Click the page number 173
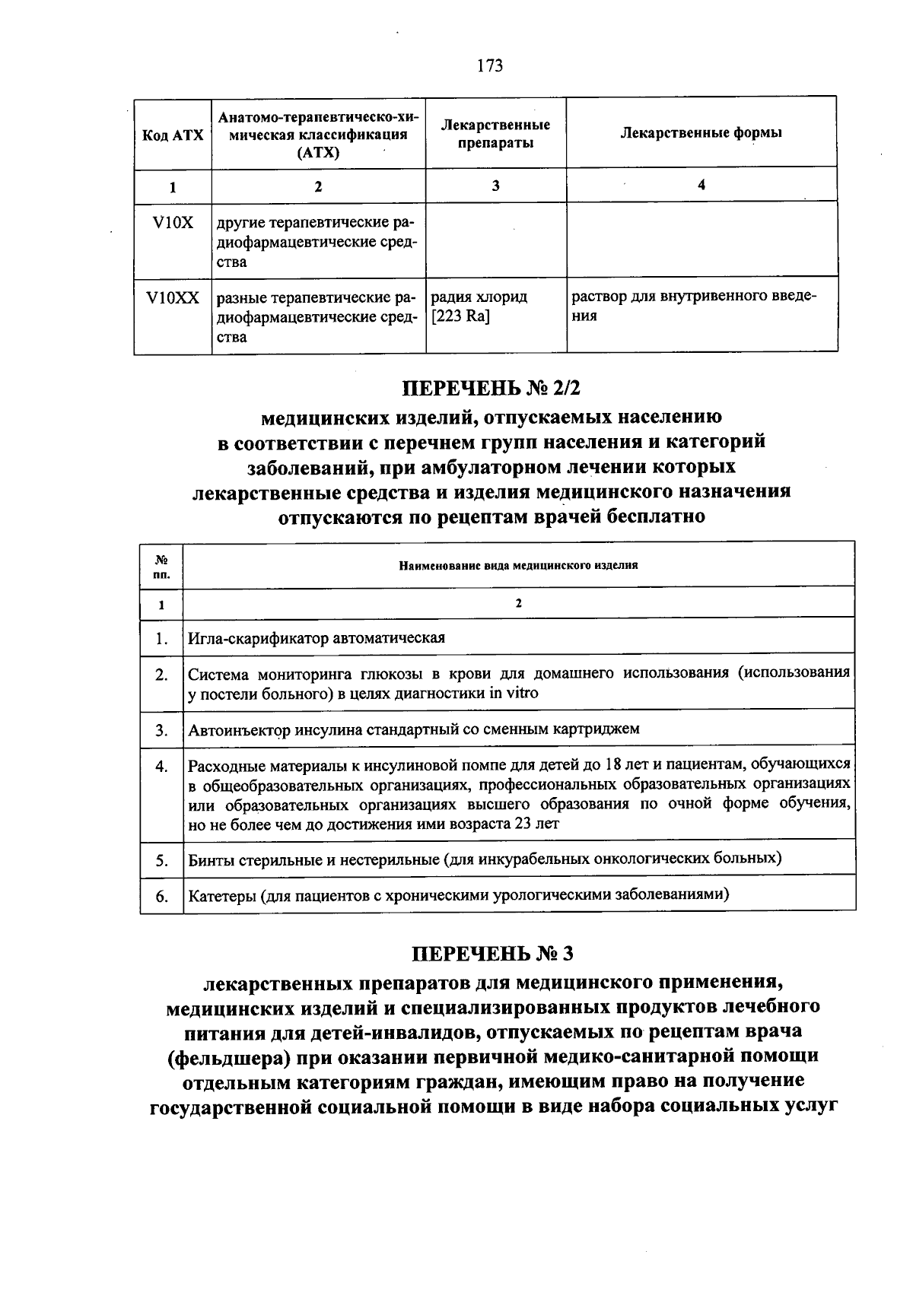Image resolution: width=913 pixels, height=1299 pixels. click(490, 66)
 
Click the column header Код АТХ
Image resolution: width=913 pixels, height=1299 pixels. click(173, 135)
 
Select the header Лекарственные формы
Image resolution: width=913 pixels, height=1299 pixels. click(701, 132)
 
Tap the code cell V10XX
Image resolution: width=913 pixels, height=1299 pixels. click(173, 298)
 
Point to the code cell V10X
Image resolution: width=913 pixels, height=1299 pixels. click(173, 223)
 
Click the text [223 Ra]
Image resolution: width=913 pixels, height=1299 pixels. click(461, 316)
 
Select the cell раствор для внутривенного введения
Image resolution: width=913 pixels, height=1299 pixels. click(693, 306)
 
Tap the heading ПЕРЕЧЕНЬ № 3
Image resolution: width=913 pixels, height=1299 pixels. click(491, 953)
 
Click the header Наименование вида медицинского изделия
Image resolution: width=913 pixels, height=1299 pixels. click(518, 565)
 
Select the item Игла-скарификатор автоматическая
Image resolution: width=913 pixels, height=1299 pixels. click(317, 637)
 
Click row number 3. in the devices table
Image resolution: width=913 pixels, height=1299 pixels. click(161, 730)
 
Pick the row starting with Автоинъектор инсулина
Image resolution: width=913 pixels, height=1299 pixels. click(414, 729)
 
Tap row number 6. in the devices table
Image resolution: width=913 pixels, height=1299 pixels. click(161, 896)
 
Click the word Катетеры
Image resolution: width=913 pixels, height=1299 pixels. click(221, 894)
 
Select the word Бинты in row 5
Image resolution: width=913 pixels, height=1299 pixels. click(211, 859)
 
